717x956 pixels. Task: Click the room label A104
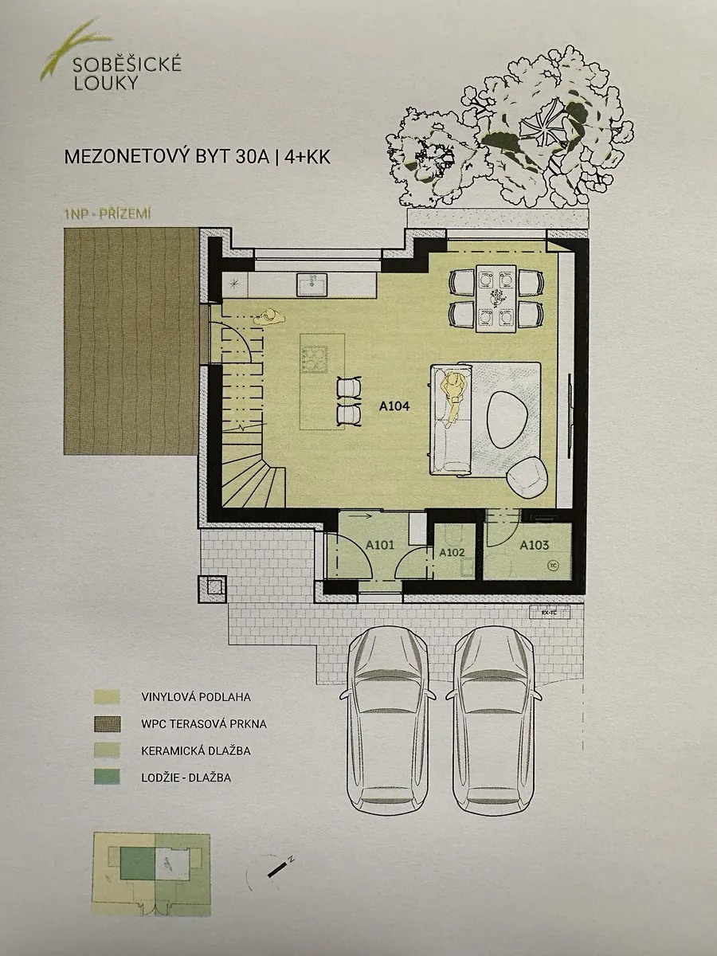click(394, 406)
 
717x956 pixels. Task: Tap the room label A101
click(380, 545)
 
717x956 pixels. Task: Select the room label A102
click(452, 552)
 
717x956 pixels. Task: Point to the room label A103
click(534, 545)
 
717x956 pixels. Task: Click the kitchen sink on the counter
click(312, 285)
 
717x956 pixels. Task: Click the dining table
click(496, 298)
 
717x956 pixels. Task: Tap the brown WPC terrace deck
click(131, 342)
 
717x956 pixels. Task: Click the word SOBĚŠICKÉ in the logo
click(127, 65)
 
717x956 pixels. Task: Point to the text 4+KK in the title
click(308, 158)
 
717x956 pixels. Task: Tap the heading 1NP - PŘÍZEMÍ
click(107, 214)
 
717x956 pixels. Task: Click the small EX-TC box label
click(549, 613)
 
